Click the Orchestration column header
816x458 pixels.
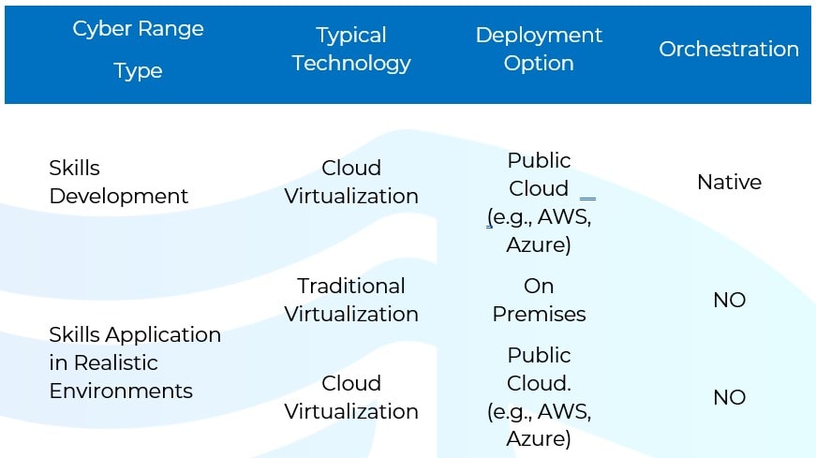tap(729, 49)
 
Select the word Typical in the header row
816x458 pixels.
tap(351, 36)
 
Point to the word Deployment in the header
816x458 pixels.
tap(539, 36)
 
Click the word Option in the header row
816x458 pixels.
tap(539, 64)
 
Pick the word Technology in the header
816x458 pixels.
tap(351, 64)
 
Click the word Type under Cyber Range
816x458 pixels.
tap(138, 71)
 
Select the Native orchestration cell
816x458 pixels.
tap(729, 182)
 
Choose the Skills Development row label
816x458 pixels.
tap(118, 182)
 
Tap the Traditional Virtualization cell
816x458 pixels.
tap(351, 300)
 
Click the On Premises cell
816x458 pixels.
tap(539, 300)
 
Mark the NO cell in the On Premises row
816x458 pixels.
tap(729, 300)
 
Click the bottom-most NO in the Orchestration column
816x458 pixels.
tap(729, 397)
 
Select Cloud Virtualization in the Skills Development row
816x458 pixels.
tap(351, 182)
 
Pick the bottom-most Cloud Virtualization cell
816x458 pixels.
tap(351, 397)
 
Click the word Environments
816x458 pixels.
tap(121, 391)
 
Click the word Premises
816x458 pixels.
tap(539, 314)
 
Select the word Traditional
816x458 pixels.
tap(351, 286)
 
